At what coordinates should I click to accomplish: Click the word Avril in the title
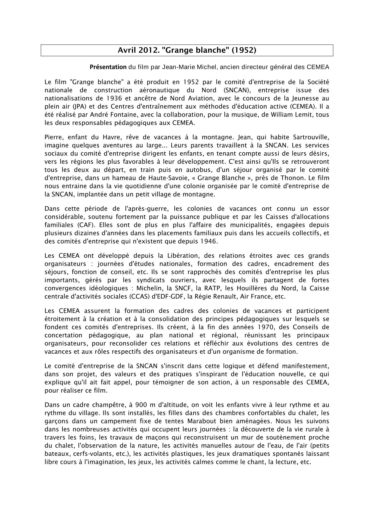[127, 50]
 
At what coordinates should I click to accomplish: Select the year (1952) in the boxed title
[244, 50]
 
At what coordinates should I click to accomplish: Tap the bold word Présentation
[108, 67]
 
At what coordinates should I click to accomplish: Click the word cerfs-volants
[83, 454]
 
